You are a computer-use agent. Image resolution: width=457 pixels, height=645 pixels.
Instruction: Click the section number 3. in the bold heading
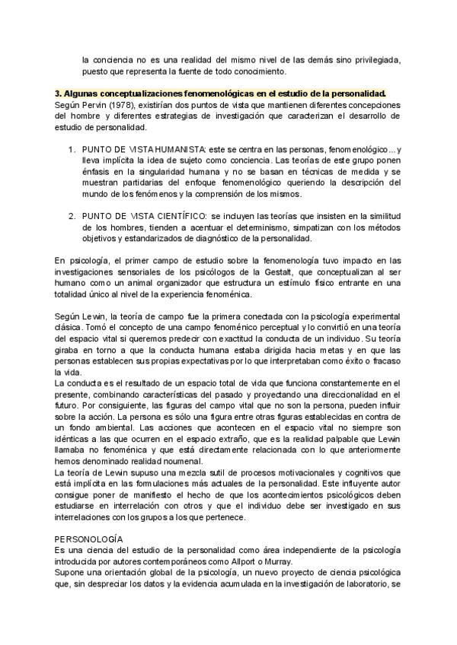point(59,92)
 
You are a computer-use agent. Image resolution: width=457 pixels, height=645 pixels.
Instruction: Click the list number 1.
point(72,151)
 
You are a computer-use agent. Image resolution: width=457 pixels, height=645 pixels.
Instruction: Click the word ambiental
point(113,427)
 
